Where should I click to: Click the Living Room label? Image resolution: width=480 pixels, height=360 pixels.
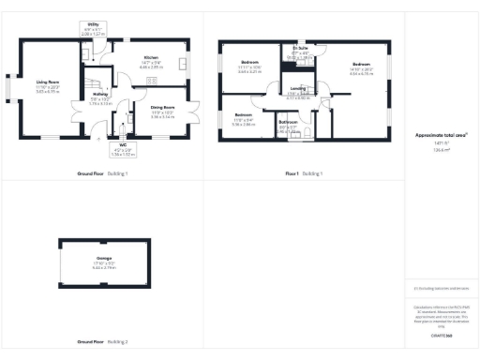[x=48, y=82]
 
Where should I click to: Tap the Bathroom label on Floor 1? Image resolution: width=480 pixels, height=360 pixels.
[x=288, y=122]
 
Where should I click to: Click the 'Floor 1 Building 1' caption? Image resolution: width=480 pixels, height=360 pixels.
[x=304, y=174]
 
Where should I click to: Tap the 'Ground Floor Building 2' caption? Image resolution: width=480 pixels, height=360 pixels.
[x=103, y=341]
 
